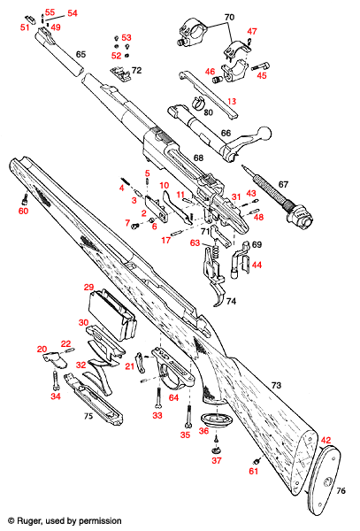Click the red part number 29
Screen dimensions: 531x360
(88, 288)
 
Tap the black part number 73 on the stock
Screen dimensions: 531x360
(276, 387)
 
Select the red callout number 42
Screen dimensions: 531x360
(326, 440)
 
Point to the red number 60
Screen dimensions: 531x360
(23, 211)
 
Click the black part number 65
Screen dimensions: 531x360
(80, 55)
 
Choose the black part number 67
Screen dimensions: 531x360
(283, 184)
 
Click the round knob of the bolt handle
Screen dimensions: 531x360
(263, 133)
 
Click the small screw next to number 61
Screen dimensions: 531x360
(257, 460)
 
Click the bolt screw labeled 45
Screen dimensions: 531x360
(259, 65)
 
